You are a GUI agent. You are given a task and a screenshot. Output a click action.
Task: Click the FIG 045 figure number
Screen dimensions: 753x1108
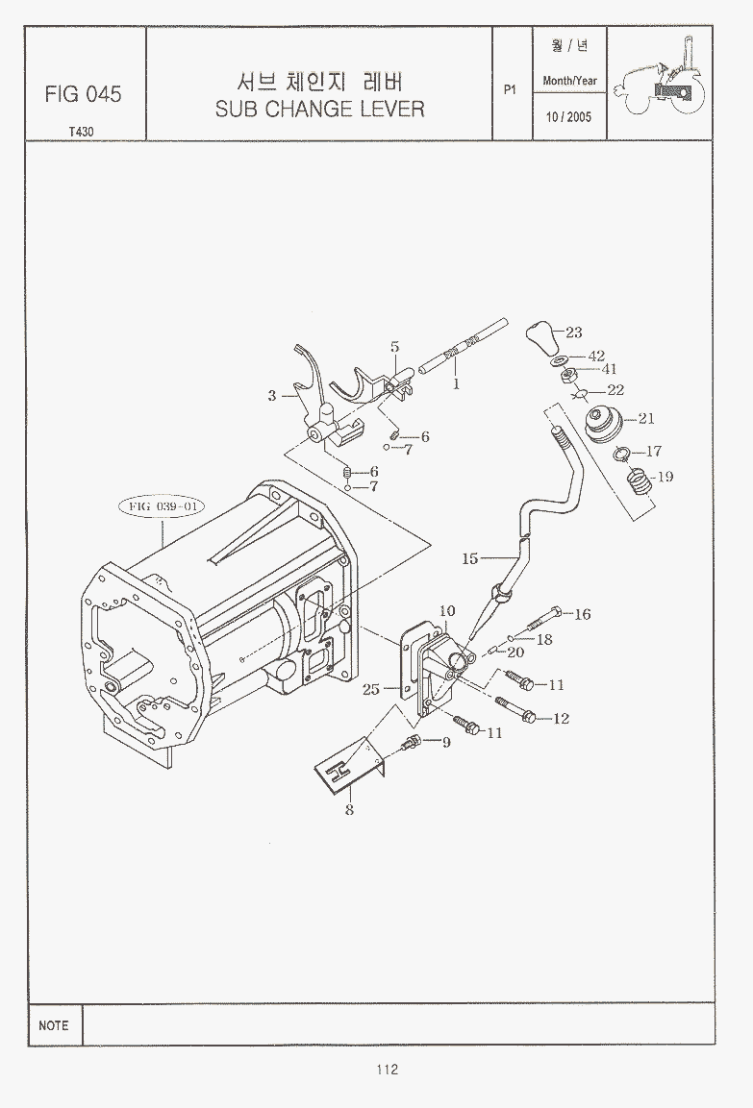(84, 94)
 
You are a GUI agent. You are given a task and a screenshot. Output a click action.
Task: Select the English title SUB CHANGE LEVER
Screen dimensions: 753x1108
(319, 109)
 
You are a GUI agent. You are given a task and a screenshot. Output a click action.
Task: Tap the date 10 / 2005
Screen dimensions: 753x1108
(568, 116)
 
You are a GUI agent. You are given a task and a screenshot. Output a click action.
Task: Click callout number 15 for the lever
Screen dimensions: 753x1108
(470, 559)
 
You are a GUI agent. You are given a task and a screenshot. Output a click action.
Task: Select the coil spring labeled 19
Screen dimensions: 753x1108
(640, 481)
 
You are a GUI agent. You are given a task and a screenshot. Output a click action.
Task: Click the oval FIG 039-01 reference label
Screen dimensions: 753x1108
(162, 506)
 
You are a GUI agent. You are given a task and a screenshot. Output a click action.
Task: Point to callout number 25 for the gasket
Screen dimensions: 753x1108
(371, 689)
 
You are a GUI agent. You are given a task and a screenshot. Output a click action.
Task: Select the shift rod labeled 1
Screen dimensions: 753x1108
(463, 346)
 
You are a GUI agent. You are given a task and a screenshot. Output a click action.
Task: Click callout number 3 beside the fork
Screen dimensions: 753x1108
(272, 397)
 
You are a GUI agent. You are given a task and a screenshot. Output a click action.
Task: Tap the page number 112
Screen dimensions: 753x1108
(388, 1070)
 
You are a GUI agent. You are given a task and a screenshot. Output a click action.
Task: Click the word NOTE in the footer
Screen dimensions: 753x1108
(54, 1025)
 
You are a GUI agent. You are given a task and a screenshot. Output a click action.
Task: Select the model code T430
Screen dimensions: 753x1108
(82, 132)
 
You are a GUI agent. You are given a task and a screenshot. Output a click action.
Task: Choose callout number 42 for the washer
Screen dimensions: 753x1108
(597, 357)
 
